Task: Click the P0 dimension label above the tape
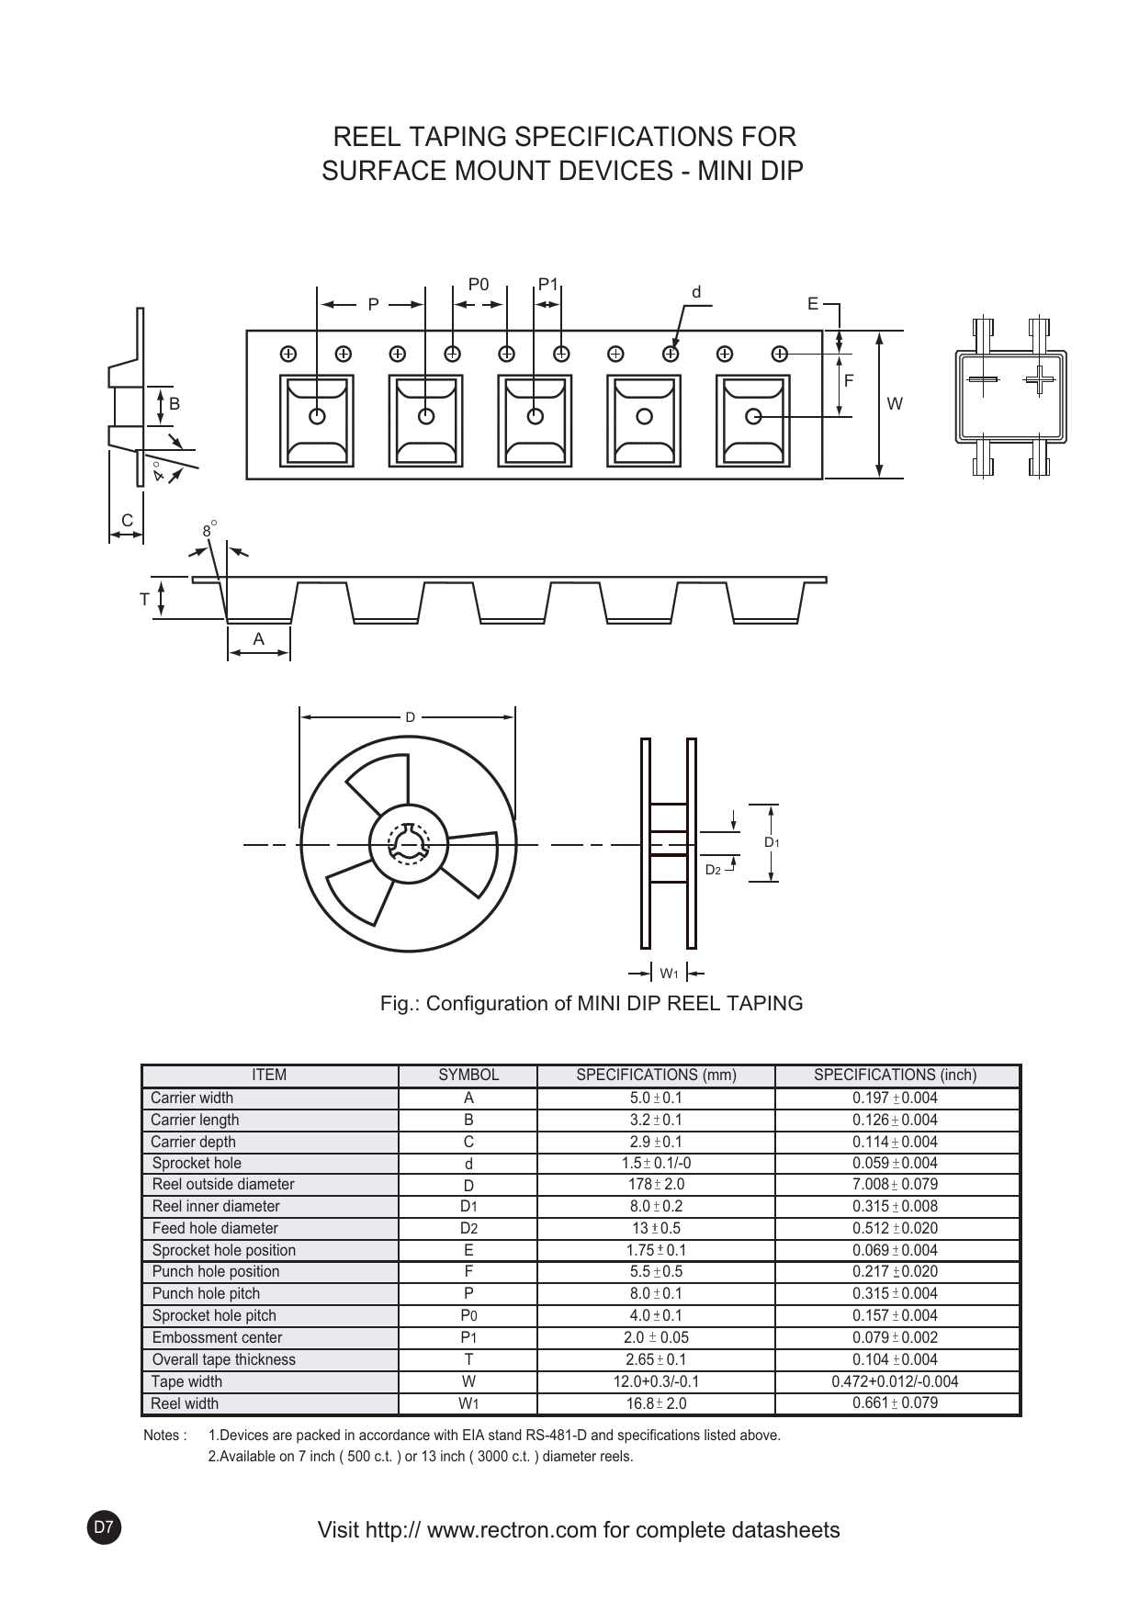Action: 479,285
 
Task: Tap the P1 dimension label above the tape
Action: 548,284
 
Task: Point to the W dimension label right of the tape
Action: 895,403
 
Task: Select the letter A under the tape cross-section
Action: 258,638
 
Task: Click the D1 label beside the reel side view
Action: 772,842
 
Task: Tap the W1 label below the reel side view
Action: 669,974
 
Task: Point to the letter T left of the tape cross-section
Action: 144,600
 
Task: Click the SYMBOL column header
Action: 468,1075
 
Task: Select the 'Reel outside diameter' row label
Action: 223,1184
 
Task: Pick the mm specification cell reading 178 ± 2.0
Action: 656,1185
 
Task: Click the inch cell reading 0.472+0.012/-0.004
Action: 895,1381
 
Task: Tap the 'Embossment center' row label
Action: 217,1337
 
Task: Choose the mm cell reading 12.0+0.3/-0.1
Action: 656,1381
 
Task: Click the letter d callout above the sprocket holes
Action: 696,292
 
